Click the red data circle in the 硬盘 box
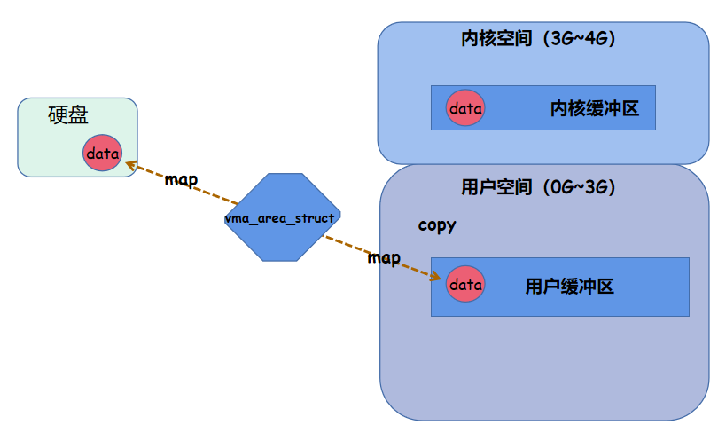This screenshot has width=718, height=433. (x=102, y=154)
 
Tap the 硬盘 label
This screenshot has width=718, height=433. (x=68, y=116)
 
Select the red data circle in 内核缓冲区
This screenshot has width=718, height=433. (x=465, y=108)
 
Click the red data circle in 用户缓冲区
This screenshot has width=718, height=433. (x=465, y=285)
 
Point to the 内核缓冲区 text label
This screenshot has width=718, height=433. (x=595, y=108)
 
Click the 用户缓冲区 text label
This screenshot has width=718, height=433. (x=570, y=286)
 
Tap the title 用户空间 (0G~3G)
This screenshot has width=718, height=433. (x=538, y=187)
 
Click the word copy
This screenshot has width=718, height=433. (x=437, y=225)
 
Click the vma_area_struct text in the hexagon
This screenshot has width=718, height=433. (x=279, y=217)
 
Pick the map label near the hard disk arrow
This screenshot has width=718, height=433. (x=181, y=179)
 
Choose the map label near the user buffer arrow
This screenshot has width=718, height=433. (x=384, y=258)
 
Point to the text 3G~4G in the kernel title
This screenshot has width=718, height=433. (x=580, y=39)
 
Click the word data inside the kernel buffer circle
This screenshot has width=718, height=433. (x=465, y=108)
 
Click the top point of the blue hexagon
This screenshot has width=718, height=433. (x=279, y=174)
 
